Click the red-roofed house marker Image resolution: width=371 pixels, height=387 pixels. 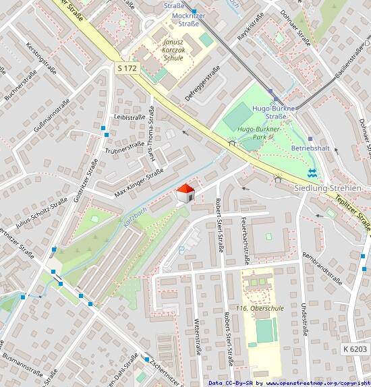click(184, 193)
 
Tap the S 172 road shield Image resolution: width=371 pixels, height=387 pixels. click(127, 68)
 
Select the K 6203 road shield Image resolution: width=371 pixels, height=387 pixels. click(355, 349)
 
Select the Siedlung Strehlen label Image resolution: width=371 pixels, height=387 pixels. click(329, 187)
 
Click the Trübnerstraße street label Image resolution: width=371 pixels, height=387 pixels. click(125, 146)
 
